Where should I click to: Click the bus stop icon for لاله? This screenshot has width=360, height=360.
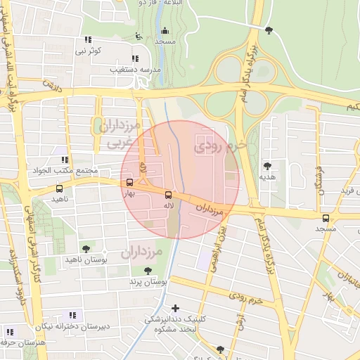[x=167, y=195]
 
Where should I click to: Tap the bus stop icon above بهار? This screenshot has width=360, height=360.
[x=129, y=183]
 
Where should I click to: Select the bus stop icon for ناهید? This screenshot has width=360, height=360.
[x=59, y=188]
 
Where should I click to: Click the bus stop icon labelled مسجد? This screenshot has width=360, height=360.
[x=325, y=218]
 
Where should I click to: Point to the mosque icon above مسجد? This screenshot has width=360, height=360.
[x=165, y=31]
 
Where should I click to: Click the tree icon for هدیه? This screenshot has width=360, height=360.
[x=267, y=166]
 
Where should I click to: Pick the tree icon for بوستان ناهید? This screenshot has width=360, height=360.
[x=86, y=249]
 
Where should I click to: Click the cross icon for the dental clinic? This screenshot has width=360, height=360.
[x=175, y=307]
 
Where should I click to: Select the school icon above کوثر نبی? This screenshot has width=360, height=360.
[x=88, y=40]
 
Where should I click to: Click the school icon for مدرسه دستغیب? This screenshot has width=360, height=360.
[x=135, y=58]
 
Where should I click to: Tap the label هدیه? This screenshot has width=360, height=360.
[x=268, y=176]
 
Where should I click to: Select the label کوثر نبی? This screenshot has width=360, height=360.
[x=89, y=51]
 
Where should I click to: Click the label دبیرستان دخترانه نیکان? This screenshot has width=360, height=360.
[x=71, y=326]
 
